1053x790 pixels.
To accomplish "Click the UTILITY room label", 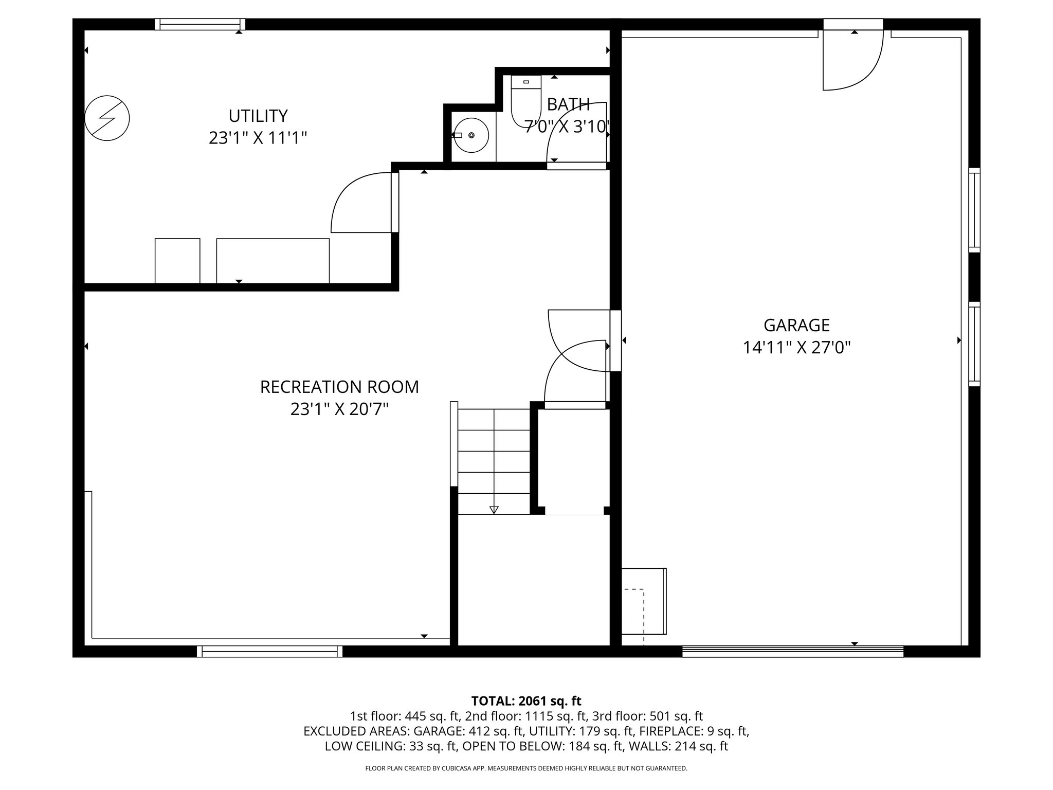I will pyautogui.click(x=258, y=116).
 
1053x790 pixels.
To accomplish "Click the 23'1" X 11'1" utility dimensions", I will pyautogui.click(x=258, y=138).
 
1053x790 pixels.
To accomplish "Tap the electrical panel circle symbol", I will pyautogui.click(x=107, y=118).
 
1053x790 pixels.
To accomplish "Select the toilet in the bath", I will pyautogui.click(x=526, y=100).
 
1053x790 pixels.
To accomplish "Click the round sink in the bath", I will pyautogui.click(x=471, y=135).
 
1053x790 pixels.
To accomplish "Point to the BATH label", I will pyautogui.click(x=568, y=104).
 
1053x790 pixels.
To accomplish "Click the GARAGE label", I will pyautogui.click(x=796, y=325).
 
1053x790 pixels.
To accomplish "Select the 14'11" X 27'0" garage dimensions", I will pyautogui.click(x=796, y=348).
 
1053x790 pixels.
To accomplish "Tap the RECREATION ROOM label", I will pyautogui.click(x=339, y=387).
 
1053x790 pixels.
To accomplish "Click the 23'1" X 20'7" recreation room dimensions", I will pyautogui.click(x=339, y=409).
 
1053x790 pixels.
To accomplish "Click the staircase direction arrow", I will pyautogui.click(x=494, y=509).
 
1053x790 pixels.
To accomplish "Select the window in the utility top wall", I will pyautogui.click(x=200, y=24).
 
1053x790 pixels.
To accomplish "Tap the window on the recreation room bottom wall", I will pyautogui.click(x=269, y=651).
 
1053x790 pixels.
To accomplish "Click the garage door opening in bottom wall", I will pyautogui.click(x=792, y=651).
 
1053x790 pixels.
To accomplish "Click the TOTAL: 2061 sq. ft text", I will pyautogui.click(x=526, y=701).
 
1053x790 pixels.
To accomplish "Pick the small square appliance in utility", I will pyautogui.click(x=177, y=260).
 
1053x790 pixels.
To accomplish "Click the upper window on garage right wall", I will pyautogui.click(x=974, y=210).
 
